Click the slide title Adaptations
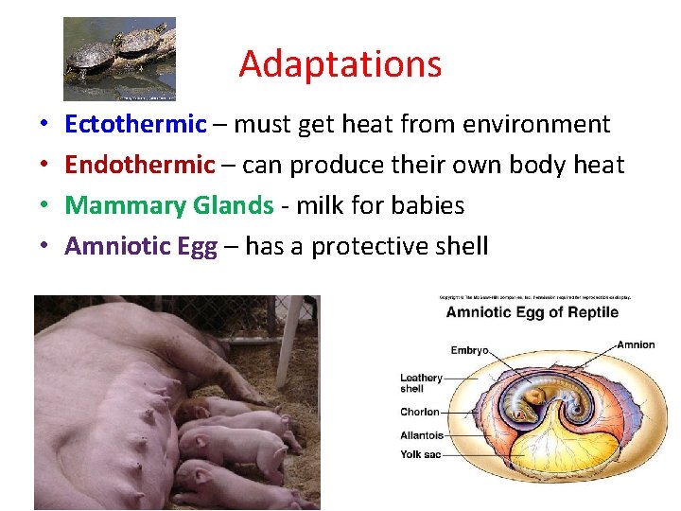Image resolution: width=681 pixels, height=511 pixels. coord(340,64)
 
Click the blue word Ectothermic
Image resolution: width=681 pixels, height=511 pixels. coord(135,124)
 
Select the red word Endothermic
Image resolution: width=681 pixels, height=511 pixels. coord(140,165)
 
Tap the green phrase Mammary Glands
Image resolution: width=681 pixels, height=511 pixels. coord(169,205)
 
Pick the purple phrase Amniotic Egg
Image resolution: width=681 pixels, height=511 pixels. coord(140,246)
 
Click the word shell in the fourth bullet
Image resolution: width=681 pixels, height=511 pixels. coord(458,246)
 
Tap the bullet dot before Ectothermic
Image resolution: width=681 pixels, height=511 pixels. coord(44,125)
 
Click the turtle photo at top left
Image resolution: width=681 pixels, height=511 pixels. coord(119,59)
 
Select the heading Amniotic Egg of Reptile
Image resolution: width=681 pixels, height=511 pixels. coord(533,313)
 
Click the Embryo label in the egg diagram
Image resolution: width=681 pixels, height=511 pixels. coord(469,351)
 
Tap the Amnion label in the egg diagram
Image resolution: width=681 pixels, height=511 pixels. coord(636,344)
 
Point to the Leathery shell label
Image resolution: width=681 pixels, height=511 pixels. coord(421,383)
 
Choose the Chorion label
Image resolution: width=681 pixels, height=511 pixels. coord(420,413)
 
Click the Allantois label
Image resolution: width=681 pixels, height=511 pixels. coord(422,435)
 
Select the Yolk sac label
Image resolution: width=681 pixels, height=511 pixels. coord(421,454)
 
